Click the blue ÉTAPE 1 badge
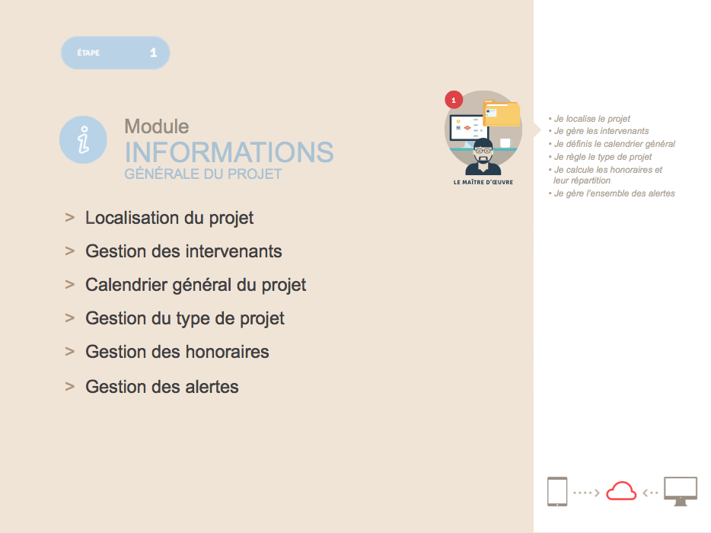[115, 53]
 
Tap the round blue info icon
[83, 139]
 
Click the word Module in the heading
[157, 126]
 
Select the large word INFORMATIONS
[229, 152]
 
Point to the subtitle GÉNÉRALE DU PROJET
[203, 174]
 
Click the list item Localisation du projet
[169, 219]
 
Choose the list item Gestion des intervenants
[183, 251]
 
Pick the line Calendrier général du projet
[196, 286]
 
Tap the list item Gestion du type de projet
[184, 318]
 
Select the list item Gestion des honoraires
[177, 352]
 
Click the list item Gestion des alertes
[162, 387]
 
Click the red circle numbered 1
[454, 100]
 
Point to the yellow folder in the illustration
[502, 113]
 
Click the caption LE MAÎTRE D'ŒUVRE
[483, 182]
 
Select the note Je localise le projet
[591, 119]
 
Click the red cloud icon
[621, 491]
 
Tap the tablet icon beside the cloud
[557, 491]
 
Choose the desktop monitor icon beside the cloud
[681, 491]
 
